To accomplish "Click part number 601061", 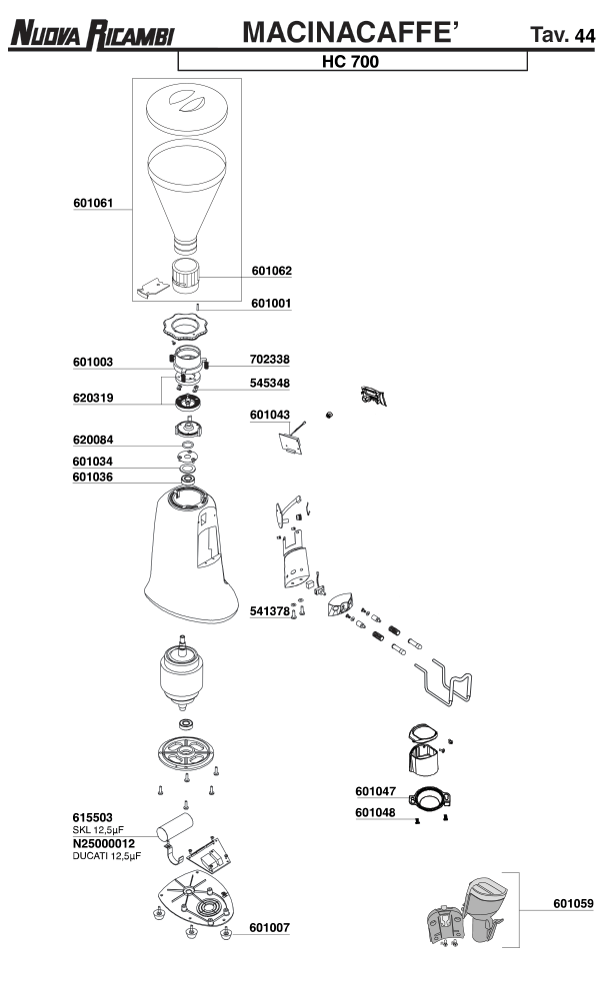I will pos(93,203).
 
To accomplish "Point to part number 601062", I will pos(272,270).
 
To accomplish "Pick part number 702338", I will pos(271,359).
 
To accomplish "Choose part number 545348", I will pos(271,383).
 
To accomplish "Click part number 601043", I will pos(270,414).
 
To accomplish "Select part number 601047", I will pos(375,790).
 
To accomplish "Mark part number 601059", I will pos(573,903).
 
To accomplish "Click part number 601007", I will pos(270,927).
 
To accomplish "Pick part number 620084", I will pos(93,439).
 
